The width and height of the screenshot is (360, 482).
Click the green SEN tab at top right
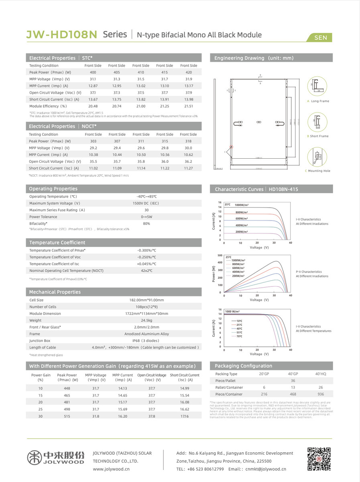point(321,38)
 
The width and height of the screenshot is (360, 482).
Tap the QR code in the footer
point(319,459)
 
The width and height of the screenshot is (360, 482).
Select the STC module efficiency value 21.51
point(188,106)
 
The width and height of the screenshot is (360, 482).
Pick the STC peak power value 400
point(93,72)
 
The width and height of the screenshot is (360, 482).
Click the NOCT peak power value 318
point(188,141)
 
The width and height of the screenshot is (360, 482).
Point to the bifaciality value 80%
point(146,223)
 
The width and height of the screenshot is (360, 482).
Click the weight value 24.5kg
point(146,321)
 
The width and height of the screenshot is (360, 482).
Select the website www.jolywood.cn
point(111,469)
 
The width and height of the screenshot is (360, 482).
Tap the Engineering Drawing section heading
point(254,58)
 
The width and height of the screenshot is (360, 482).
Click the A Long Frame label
point(318,101)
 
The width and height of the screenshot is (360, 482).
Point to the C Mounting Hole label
point(319,171)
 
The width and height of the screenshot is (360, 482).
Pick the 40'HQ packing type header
point(321,374)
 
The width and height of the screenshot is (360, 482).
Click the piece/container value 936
point(320,394)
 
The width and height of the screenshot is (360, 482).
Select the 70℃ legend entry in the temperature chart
point(239,336)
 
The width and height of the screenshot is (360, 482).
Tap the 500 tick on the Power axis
point(220,255)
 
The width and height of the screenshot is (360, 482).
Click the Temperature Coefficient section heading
point(57,243)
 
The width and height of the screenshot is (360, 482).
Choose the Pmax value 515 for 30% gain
point(67,417)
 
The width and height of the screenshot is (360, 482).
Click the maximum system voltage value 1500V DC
point(146,203)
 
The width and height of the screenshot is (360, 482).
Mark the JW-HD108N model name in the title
point(62,35)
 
